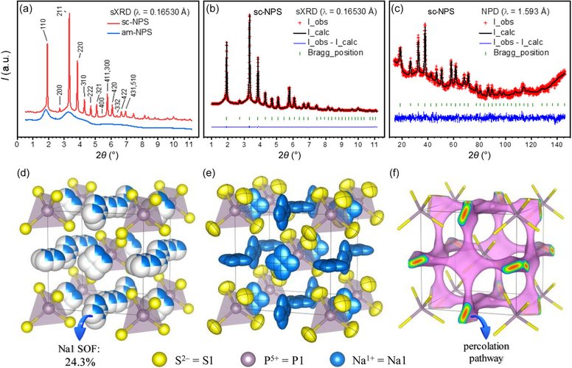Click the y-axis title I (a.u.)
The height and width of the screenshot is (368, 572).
(x=7, y=71)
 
